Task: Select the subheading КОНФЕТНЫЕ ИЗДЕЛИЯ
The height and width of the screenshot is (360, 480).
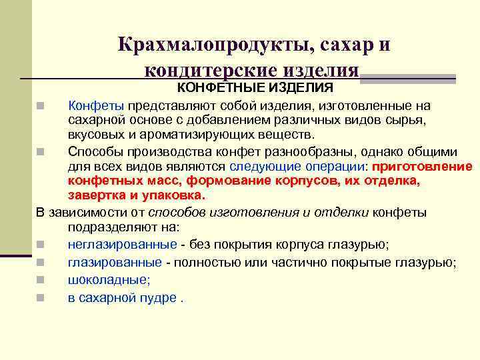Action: [x=255, y=89]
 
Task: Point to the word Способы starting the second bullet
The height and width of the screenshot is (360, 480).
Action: [x=95, y=151]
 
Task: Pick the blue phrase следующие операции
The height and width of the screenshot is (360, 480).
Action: [x=293, y=166]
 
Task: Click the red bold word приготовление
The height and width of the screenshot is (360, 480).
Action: [x=423, y=166]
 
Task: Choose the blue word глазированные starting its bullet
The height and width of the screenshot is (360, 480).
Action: [x=115, y=262]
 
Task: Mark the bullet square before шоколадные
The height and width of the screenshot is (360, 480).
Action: [x=41, y=281]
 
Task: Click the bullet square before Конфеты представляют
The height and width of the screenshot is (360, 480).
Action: [x=41, y=106]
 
